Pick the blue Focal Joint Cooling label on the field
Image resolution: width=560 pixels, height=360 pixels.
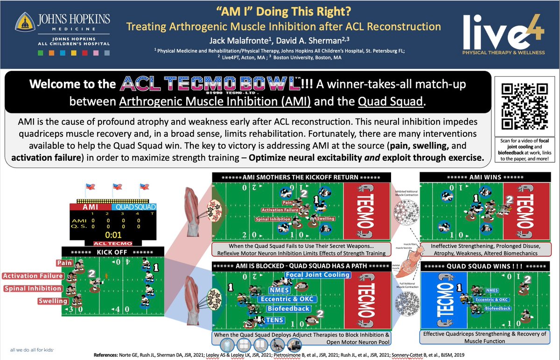pyautogui.click(x=317, y=275)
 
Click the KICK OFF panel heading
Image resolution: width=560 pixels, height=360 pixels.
pyautogui.click(x=112, y=253)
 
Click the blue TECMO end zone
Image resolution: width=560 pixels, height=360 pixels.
pyautogui.click(x=443, y=303)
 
